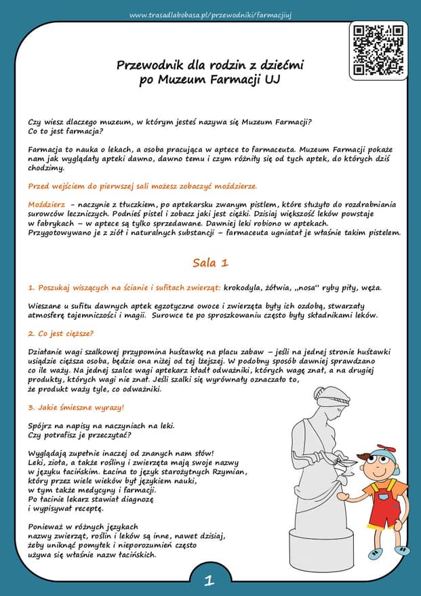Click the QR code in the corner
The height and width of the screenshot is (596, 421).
tap(379, 49)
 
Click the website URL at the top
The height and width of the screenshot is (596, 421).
tap(210, 14)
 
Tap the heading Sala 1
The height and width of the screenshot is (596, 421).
tap(210, 262)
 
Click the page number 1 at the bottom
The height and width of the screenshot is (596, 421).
tap(209, 580)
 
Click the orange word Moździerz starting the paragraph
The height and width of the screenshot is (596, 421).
tap(47, 204)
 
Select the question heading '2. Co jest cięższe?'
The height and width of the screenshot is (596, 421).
tap(61, 333)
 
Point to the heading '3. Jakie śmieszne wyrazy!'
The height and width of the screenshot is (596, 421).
tap(76, 408)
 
